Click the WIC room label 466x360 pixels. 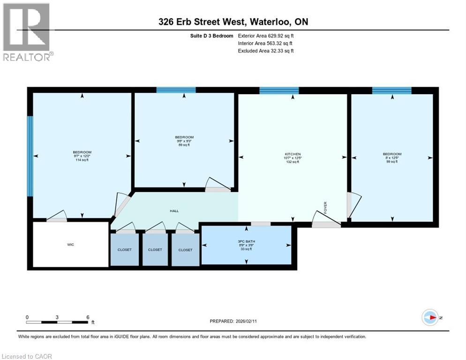(x=71, y=245)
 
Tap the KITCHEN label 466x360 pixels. (x=293, y=154)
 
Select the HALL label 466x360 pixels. (x=174, y=211)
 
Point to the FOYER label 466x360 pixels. (x=325, y=207)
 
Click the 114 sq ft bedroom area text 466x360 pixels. (x=82, y=160)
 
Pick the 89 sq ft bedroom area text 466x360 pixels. (x=184, y=145)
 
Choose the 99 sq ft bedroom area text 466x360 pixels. (x=392, y=162)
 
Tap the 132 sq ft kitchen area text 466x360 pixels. (x=293, y=162)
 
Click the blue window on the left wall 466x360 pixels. (x=30, y=156)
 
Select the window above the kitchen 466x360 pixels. (x=279, y=90)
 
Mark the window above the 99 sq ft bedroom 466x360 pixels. (x=391, y=90)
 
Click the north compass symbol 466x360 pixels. (x=430, y=317)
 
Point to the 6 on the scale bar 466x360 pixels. (x=88, y=317)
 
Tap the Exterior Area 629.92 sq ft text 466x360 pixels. (x=266, y=35)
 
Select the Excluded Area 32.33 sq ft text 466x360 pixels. (x=266, y=51)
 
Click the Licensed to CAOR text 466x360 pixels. (x=28, y=356)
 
